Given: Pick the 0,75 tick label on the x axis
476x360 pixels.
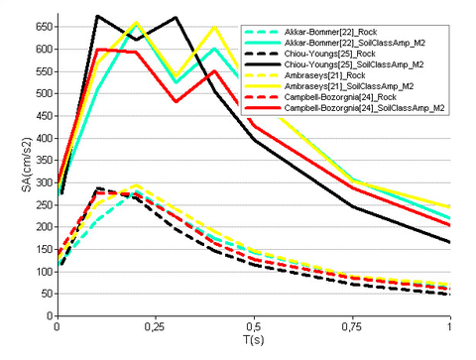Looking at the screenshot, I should [352, 328].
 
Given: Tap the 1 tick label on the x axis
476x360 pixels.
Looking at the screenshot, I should [450, 328].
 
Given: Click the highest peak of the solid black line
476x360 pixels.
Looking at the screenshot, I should [97, 16].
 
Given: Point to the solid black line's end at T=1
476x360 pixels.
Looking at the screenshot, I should [450, 242].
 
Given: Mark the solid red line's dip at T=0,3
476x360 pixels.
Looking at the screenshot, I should [176, 101].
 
